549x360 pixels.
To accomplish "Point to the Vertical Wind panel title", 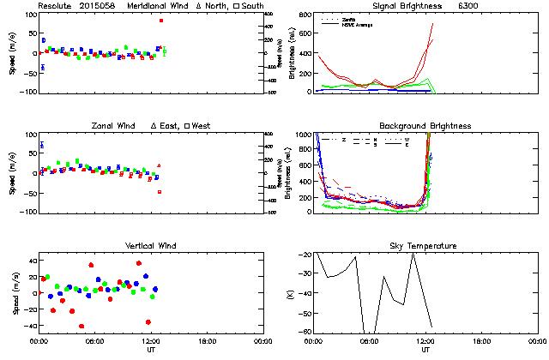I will pos(152,246).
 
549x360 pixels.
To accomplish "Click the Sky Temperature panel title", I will pos(426,246).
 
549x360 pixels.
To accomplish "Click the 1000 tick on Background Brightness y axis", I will pos(305,135).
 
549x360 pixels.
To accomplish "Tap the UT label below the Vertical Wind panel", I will pos(151,350).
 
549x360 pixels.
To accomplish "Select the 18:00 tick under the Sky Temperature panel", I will pos(481,341).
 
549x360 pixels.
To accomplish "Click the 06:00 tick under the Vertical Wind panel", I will pos(95,341).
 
